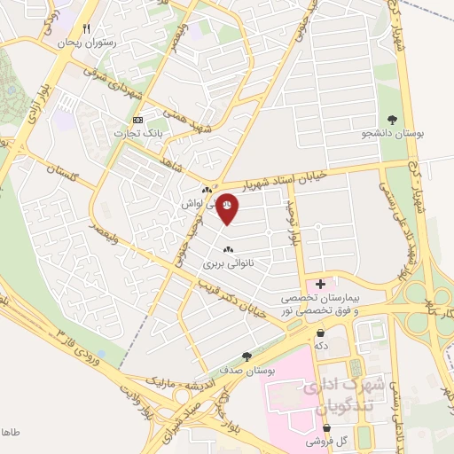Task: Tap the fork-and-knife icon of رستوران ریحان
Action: pos(86,28)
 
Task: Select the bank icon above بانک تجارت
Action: pos(137,120)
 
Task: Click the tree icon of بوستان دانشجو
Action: pos(393,119)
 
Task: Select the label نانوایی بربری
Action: pos(228,263)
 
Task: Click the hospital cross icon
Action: pos(320,283)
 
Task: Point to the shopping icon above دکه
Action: pos(320,333)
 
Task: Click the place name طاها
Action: pos(9,432)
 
